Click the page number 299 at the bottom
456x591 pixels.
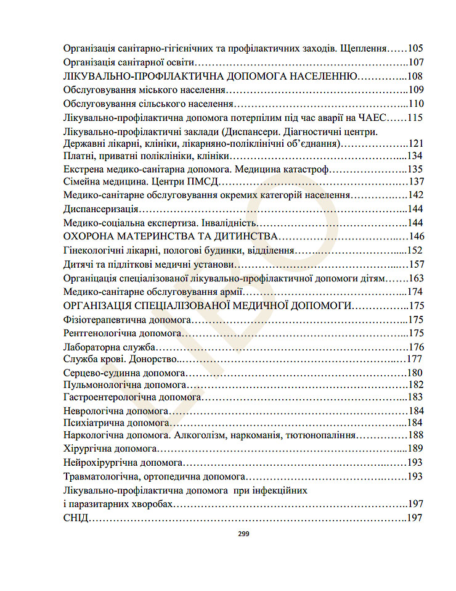coord(243,534)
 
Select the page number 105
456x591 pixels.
coord(415,48)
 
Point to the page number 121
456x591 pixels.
coord(416,144)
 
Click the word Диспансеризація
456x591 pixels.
coord(100,209)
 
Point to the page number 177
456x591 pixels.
coord(415,359)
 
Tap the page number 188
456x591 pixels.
coord(415,436)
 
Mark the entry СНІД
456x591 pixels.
coord(76,518)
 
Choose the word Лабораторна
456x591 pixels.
coord(90,347)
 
